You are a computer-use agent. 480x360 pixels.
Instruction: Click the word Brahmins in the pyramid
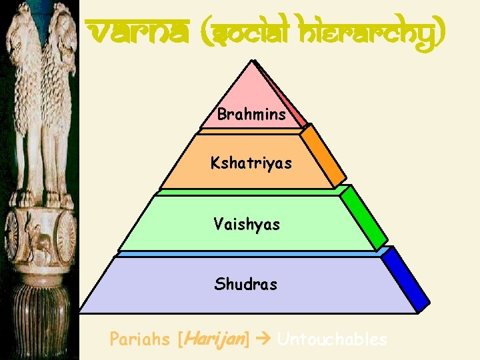[251, 115]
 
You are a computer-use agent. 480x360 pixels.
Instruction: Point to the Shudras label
[245, 285]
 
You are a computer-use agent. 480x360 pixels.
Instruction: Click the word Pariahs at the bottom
[139, 339]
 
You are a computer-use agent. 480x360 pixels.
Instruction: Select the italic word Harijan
[213, 339]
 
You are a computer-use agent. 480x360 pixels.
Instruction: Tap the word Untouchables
[331, 339]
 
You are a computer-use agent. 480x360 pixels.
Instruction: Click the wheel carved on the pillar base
[66, 237]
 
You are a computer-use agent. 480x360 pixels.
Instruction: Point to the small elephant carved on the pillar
[40, 243]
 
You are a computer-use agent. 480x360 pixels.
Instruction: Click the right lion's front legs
[60, 173]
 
